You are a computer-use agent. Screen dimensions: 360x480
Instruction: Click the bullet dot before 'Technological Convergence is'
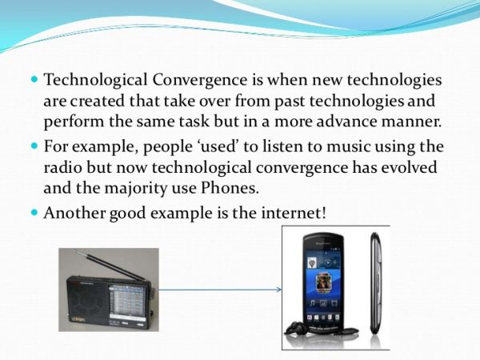click(34, 82)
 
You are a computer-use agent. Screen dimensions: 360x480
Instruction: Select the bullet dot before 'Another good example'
click(34, 214)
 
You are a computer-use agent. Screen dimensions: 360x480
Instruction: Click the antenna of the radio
click(104, 265)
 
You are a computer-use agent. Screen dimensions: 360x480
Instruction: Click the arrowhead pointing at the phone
click(278, 290)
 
